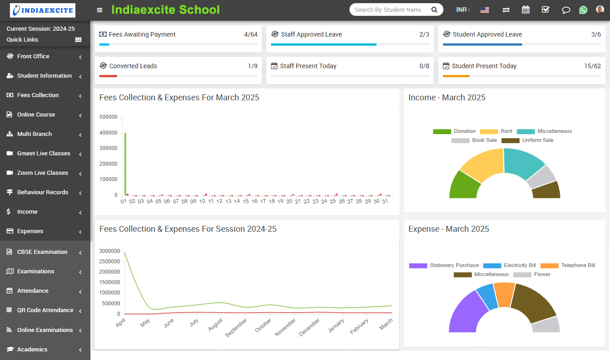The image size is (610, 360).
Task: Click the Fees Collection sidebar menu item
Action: tap(38, 95)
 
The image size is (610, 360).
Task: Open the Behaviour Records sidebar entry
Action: tap(42, 192)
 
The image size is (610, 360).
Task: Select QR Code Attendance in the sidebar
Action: tap(45, 310)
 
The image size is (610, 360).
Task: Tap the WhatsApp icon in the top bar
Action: tap(583, 10)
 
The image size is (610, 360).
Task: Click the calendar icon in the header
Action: tap(526, 10)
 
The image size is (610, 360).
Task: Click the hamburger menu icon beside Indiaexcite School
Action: tap(100, 10)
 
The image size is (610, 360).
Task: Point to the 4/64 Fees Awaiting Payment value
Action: tap(251, 34)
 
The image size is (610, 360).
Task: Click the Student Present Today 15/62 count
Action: tap(592, 66)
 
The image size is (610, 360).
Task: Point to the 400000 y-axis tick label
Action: tap(108, 133)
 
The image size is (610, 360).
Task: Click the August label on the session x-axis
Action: tap(216, 324)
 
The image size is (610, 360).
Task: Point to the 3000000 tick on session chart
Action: tap(109, 251)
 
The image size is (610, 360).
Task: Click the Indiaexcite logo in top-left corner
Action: tap(43, 10)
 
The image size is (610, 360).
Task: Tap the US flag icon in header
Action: tap(484, 10)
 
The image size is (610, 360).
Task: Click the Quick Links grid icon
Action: tap(78, 40)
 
